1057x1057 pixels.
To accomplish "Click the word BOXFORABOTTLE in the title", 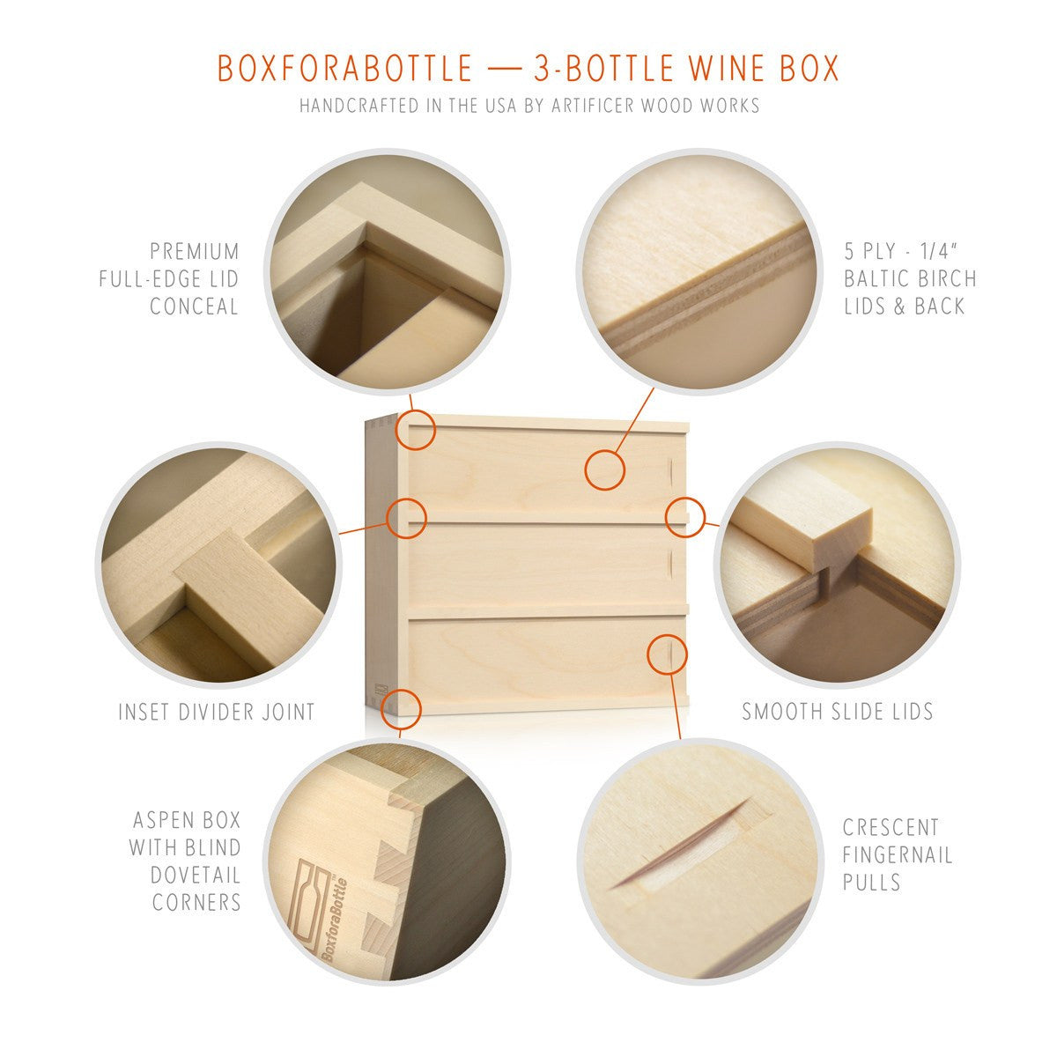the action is point(345,68).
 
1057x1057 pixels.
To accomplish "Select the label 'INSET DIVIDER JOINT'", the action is point(217,712).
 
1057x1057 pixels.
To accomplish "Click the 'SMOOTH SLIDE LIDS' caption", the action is point(838,712).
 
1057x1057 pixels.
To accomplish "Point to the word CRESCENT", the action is point(891,828).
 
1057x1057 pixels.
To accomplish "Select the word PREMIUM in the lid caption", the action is point(195,252).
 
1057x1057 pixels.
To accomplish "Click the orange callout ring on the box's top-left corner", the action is point(415,430).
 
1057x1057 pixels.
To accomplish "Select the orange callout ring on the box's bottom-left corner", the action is point(401,710).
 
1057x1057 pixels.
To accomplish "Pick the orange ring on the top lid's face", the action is point(604,470).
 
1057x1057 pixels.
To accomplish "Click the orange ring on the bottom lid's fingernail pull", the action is point(667,654).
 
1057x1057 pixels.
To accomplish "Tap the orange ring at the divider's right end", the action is point(685,517).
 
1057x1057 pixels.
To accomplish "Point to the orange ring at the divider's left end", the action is point(406,518).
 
